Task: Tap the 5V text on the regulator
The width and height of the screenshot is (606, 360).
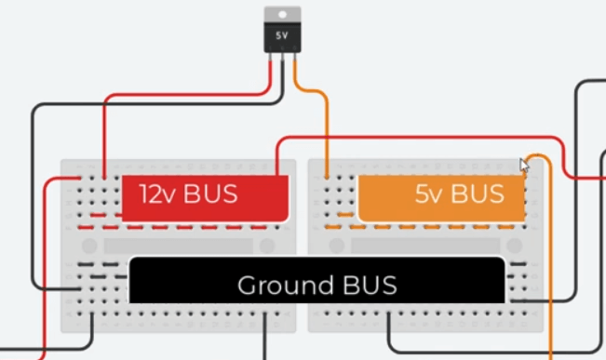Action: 282,36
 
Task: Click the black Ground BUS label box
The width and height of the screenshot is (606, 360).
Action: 316,281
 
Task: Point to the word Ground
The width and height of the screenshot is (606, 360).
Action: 276,285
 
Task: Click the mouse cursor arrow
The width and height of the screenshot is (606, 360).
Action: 524,165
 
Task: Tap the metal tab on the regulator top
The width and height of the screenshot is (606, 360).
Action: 282,15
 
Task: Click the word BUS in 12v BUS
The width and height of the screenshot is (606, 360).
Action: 209,195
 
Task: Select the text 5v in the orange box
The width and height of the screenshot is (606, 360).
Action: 428,195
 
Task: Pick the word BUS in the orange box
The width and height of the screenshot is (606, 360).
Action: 475,195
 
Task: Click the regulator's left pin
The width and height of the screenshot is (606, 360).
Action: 271,62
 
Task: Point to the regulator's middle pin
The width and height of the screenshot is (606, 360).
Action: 282,62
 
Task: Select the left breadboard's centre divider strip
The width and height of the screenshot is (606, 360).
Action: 177,247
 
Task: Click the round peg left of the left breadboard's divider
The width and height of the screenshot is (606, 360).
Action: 89,247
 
